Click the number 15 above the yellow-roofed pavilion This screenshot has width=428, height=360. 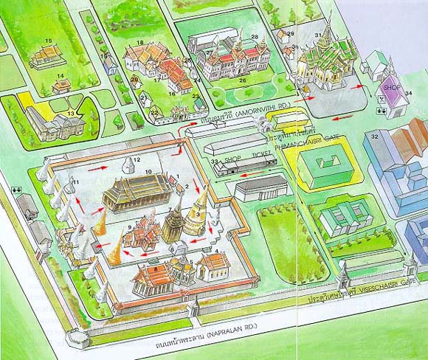click(x=49, y=40)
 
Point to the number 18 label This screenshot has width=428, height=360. click(x=139, y=43)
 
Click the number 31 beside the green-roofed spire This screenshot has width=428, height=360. click(x=318, y=35)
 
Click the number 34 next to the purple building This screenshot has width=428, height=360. click(x=408, y=93)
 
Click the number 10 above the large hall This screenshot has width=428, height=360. click(x=148, y=172)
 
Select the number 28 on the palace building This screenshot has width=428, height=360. click(x=254, y=36)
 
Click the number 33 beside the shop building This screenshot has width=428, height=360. click(x=214, y=161)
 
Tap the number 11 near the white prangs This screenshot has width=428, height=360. click(x=76, y=181)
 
